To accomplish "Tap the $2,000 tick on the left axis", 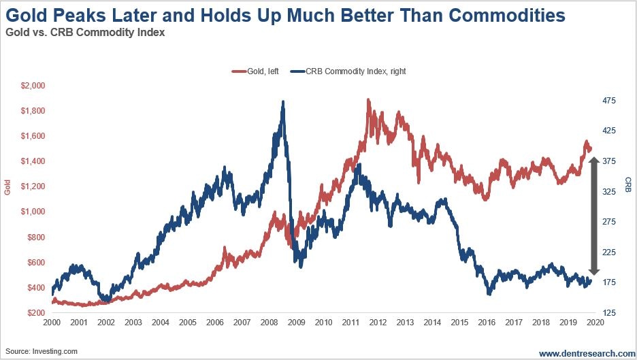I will point(32,86).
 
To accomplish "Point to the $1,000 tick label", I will point(32,212).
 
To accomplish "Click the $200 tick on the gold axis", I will point(35,312).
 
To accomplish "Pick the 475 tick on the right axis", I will point(608,101).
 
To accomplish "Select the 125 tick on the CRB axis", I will point(608,312).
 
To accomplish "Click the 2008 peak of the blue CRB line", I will point(282,102).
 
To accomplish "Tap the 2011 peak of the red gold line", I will point(368,100).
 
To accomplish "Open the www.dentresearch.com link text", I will point(587,353).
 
